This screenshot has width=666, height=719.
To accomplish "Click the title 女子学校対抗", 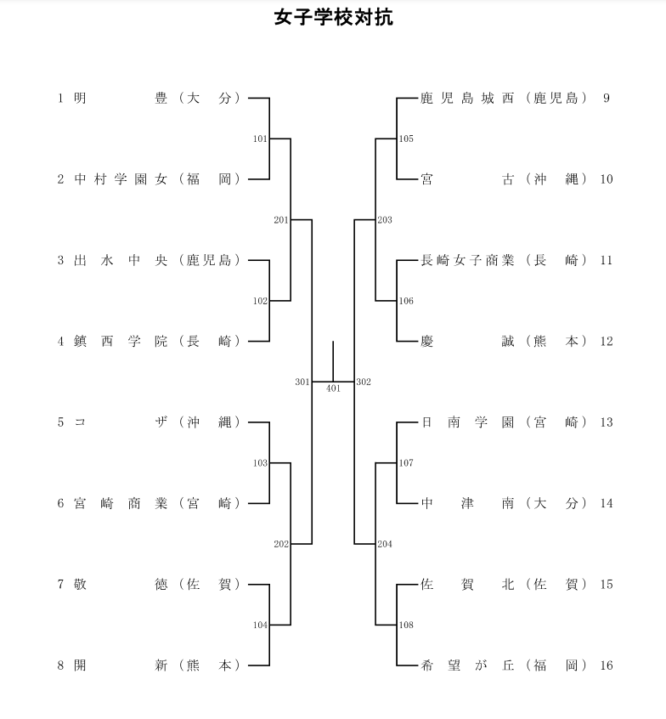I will tap(333, 18).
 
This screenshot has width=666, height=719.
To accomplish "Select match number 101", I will tap(260, 139).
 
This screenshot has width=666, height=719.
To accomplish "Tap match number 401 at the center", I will tap(333, 388).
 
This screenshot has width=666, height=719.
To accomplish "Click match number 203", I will tap(385, 220).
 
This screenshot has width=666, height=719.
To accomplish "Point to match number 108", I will tap(406, 626).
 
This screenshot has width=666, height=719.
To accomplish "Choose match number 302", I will tap(364, 382).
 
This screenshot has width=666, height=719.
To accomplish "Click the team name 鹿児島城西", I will tap(468, 98).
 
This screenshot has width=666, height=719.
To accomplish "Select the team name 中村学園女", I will tap(120, 179).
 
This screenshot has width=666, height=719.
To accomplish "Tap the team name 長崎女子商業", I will tap(468, 260).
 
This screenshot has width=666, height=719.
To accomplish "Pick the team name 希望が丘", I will tap(468, 665).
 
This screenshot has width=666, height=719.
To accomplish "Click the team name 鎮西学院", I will tap(120, 342).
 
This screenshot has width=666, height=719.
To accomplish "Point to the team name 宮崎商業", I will tap(120, 503).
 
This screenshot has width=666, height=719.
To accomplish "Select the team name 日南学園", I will tap(468, 422).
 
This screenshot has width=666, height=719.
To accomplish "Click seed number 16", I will tap(606, 665).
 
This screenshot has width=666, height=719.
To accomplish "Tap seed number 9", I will tap(607, 98).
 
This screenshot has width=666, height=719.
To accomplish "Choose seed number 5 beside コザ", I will tap(61, 422).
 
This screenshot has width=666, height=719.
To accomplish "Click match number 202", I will tap(281, 544).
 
